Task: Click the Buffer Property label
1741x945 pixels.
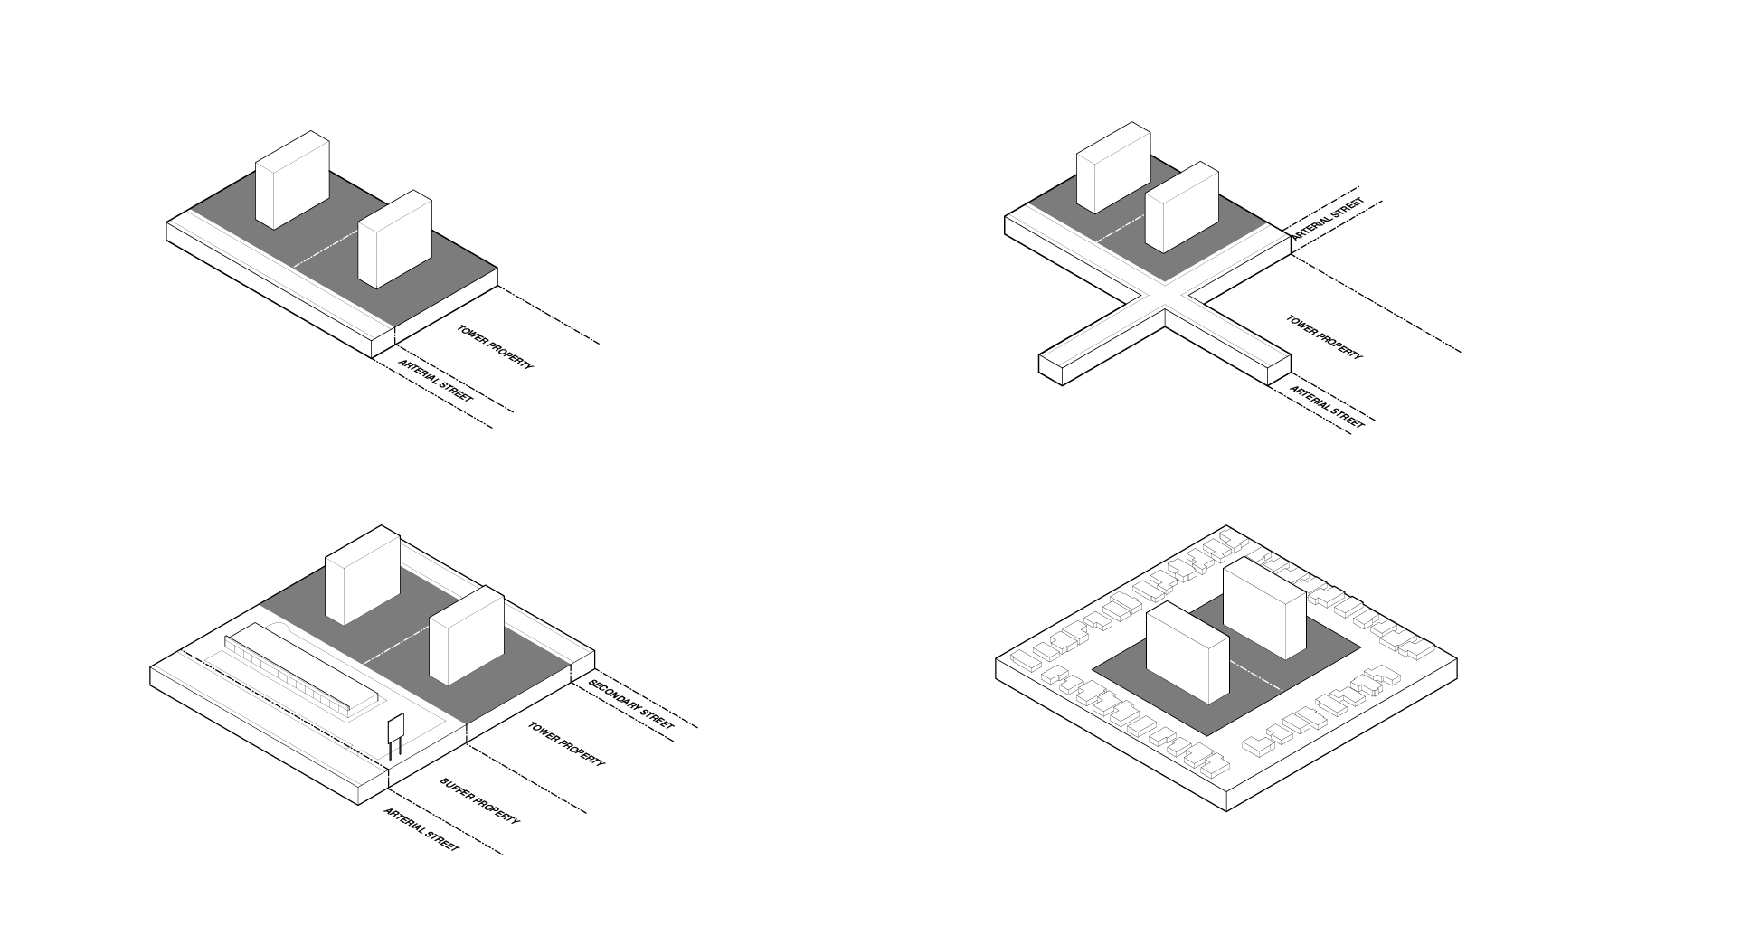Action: tap(480, 800)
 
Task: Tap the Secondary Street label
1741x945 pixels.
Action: tap(631, 704)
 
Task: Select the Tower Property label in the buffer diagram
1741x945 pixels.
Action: tap(567, 743)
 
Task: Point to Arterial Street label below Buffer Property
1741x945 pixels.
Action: tap(421, 829)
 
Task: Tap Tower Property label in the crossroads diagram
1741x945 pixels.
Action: tap(1325, 337)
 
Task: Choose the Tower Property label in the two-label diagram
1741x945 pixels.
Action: tap(496, 347)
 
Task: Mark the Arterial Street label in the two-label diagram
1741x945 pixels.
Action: tap(436, 380)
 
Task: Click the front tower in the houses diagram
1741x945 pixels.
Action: tap(1187, 651)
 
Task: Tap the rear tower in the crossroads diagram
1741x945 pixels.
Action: tap(1113, 168)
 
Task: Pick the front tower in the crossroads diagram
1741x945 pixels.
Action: tap(1182, 207)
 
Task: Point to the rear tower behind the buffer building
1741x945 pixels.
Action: tap(363, 575)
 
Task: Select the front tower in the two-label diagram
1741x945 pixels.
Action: tap(395, 240)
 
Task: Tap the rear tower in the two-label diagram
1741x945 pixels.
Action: tap(292, 180)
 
